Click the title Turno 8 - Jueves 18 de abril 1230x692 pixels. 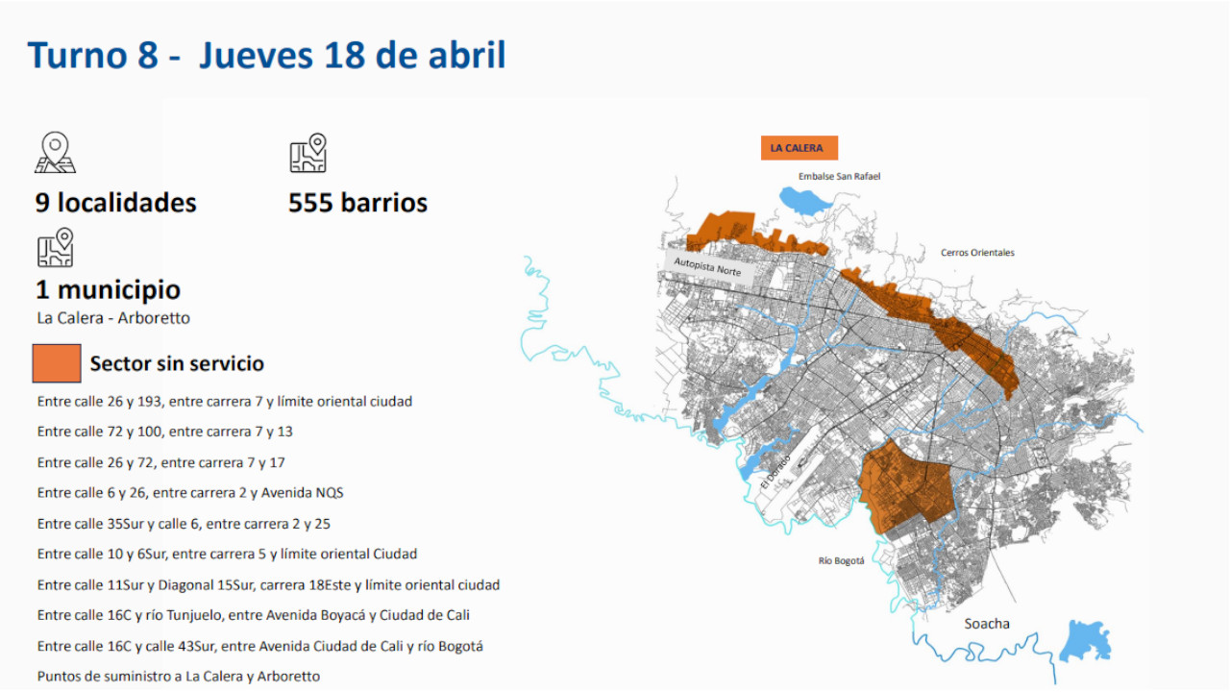[267, 56]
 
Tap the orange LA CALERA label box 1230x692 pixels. [797, 148]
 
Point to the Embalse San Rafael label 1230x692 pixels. [839, 177]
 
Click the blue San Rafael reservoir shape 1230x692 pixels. [805, 200]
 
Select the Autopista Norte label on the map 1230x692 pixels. [707, 265]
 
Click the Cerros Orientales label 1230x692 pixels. [977, 253]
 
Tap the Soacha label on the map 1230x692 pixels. [987, 624]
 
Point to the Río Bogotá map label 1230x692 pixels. [841, 561]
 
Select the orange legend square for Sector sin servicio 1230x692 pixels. [57, 363]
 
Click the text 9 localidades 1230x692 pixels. [116, 203]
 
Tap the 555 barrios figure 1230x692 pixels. [357, 203]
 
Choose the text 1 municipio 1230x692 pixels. [108, 289]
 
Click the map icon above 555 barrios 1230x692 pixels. [308, 154]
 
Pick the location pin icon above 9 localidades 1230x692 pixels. [55, 154]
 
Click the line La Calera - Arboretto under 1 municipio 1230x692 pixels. [113, 318]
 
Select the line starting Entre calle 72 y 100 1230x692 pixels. [165, 432]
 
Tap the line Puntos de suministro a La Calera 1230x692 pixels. [179, 676]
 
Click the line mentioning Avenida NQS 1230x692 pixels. [190, 493]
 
